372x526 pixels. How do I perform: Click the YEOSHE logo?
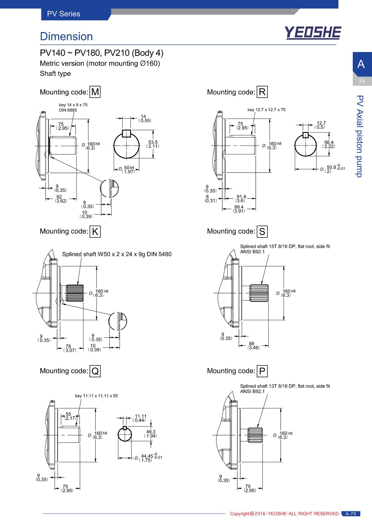(x=313, y=33)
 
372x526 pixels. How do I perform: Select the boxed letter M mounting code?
(x=95, y=92)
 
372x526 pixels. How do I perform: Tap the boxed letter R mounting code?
(x=262, y=92)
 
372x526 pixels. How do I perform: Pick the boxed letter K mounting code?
(x=95, y=232)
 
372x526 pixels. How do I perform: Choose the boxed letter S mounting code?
(x=262, y=232)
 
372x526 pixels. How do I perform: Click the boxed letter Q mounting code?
(x=95, y=371)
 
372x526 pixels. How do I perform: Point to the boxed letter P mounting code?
(x=262, y=371)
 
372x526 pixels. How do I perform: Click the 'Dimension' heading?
(x=66, y=37)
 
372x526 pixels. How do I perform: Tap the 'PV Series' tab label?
(x=64, y=14)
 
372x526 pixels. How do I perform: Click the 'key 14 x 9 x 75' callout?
(x=73, y=105)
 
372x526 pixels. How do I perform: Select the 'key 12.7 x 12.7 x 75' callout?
(x=266, y=110)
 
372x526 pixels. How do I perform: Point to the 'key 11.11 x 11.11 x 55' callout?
(x=97, y=396)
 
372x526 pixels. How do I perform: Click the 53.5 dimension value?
(x=153, y=142)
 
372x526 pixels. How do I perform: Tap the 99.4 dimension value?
(x=239, y=207)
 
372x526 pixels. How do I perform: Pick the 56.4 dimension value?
(x=329, y=142)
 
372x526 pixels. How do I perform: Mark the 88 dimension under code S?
(x=251, y=344)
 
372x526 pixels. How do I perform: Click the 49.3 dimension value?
(x=151, y=432)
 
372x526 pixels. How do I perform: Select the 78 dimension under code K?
(x=68, y=346)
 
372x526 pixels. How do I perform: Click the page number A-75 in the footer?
(x=351, y=514)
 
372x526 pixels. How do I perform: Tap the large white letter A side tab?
(x=361, y=64)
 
